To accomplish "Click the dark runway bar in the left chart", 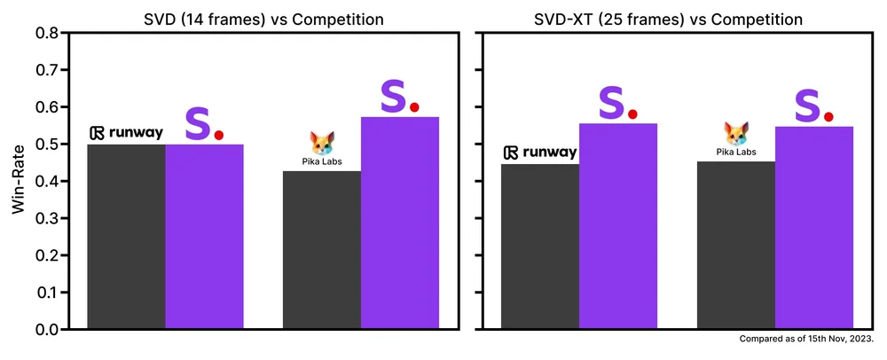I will tap(126, 237).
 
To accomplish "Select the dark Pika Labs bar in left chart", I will tap(321, 250).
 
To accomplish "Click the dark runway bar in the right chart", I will tap(540, 247).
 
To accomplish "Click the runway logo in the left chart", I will tap(126, 133).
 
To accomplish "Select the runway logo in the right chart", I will tap(540, 153).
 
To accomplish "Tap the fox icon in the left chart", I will tap(321, 143).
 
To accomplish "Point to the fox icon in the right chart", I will tap(735, 134).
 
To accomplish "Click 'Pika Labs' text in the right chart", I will tap(735, 153).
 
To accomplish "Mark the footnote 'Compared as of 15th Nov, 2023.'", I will tap(805, 340).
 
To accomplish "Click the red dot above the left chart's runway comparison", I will tap(218, 136).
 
